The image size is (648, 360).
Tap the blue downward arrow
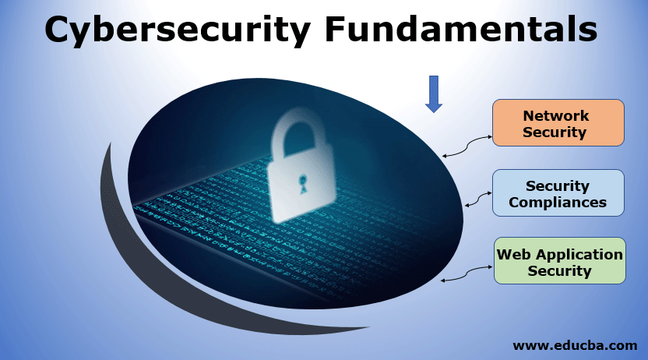point(434,94)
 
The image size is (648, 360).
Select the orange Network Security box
point(558,123)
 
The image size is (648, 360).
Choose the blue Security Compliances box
point(558,193)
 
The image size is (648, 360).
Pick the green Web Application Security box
point(559,262)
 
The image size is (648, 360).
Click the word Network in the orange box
point(555,115)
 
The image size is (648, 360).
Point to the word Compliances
point(558,203)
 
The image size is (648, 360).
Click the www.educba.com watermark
point(575,344)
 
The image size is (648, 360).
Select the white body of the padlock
point(301,187)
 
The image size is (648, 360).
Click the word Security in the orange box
point(554,132)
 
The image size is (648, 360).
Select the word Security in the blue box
point(557,185)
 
